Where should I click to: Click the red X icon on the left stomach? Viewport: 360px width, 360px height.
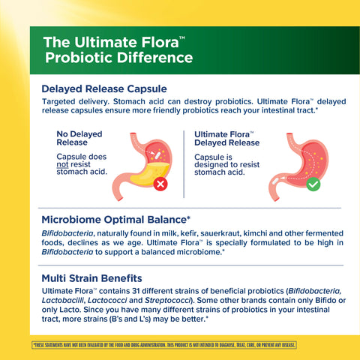(x=160, y=184)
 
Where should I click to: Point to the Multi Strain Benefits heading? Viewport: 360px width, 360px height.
(x=92, y=277)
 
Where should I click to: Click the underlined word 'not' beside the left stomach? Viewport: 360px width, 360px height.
(x=63, y=164)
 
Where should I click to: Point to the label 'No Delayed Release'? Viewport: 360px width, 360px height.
(x=79, y=138)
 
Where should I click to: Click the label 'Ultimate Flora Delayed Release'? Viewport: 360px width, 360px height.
(x=226, y=138)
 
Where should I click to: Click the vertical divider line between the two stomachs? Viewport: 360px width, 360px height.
(x=184, y=162)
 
